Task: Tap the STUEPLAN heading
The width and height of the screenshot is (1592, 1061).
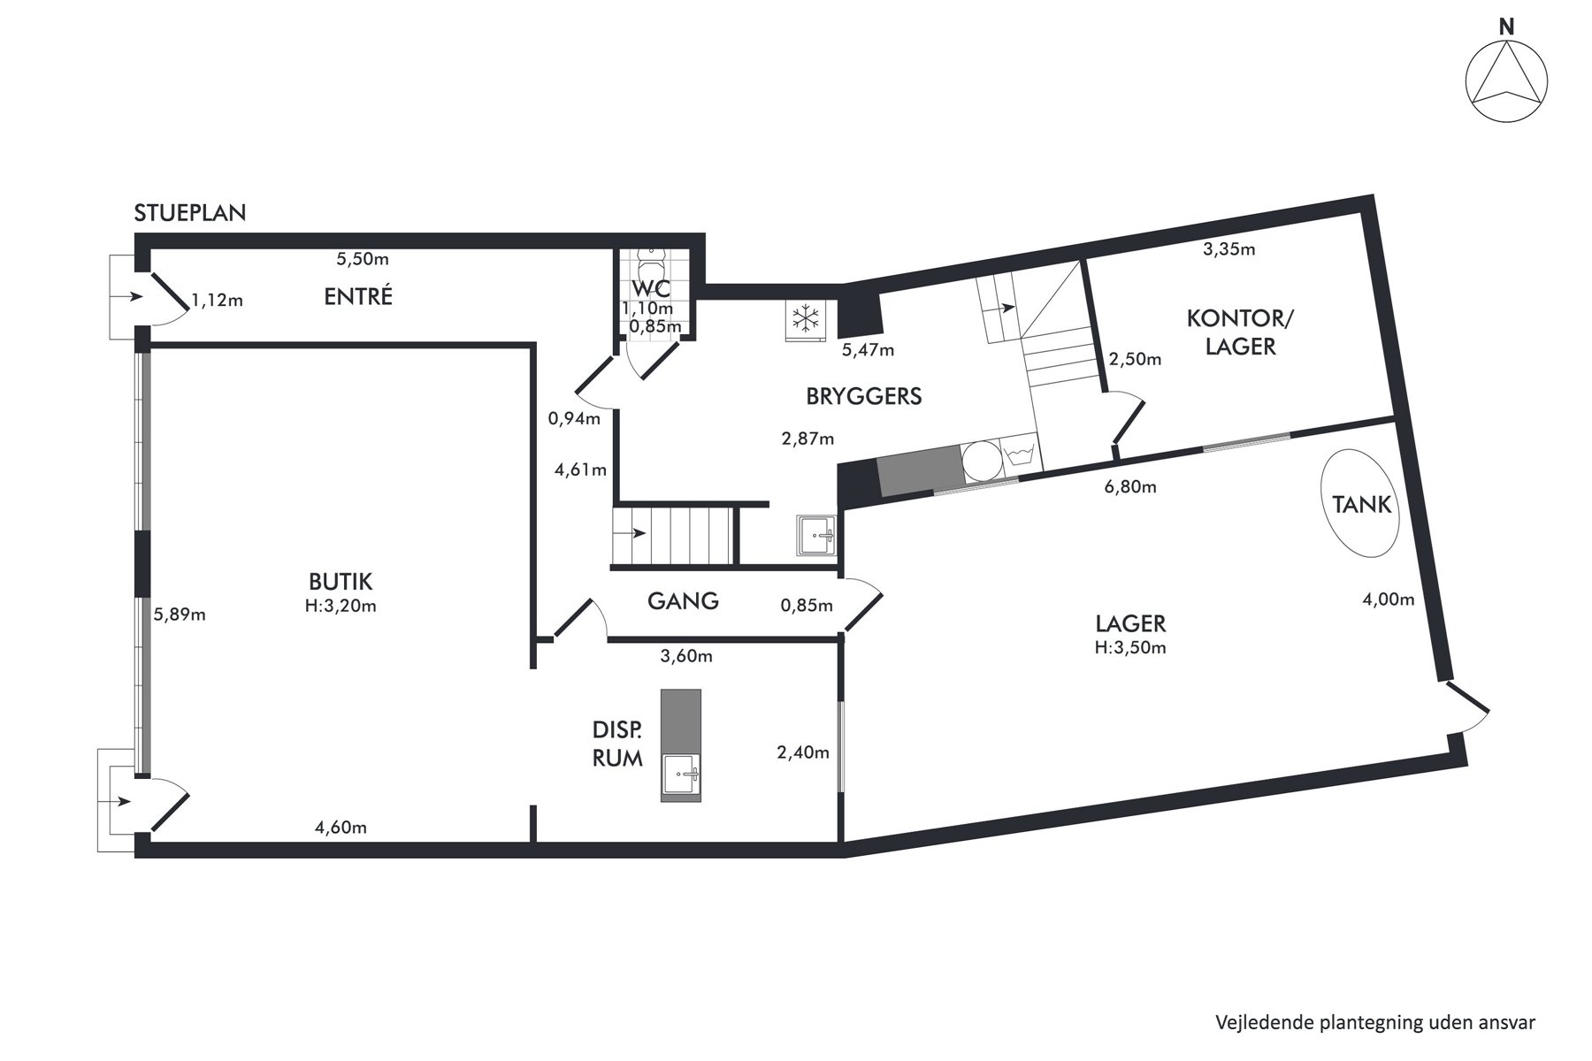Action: (x=190, y=213)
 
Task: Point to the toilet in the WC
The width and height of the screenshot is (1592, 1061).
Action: (x=652, y=262)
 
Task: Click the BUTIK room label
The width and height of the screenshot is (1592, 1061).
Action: (x=341, y=582)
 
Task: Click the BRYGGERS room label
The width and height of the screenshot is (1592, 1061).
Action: (x=863, y=396)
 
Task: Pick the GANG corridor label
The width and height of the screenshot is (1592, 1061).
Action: (x=683, y=601)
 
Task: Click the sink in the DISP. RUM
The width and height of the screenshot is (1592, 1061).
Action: (x=681, y=777)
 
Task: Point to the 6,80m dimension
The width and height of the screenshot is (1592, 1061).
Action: (x=1130, y=487)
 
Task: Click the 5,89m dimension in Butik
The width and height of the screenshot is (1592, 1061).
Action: (x=180, y=614)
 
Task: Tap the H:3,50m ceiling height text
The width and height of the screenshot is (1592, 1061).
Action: (x=1130, y=647)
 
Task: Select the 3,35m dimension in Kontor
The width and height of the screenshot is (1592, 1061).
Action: (x=1229, y=249)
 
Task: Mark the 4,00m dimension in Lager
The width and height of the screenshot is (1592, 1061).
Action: (x=1388, y=599)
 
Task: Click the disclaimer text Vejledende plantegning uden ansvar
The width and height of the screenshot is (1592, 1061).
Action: (x=1375, y=1023)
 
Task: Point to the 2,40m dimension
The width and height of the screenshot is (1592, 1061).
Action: (x=803, y=752)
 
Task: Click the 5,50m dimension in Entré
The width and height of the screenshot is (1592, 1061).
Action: (x=363, y=259)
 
